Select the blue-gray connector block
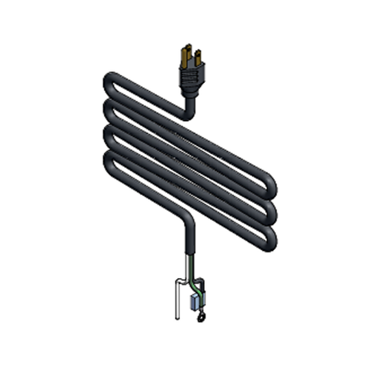point(194,302)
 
